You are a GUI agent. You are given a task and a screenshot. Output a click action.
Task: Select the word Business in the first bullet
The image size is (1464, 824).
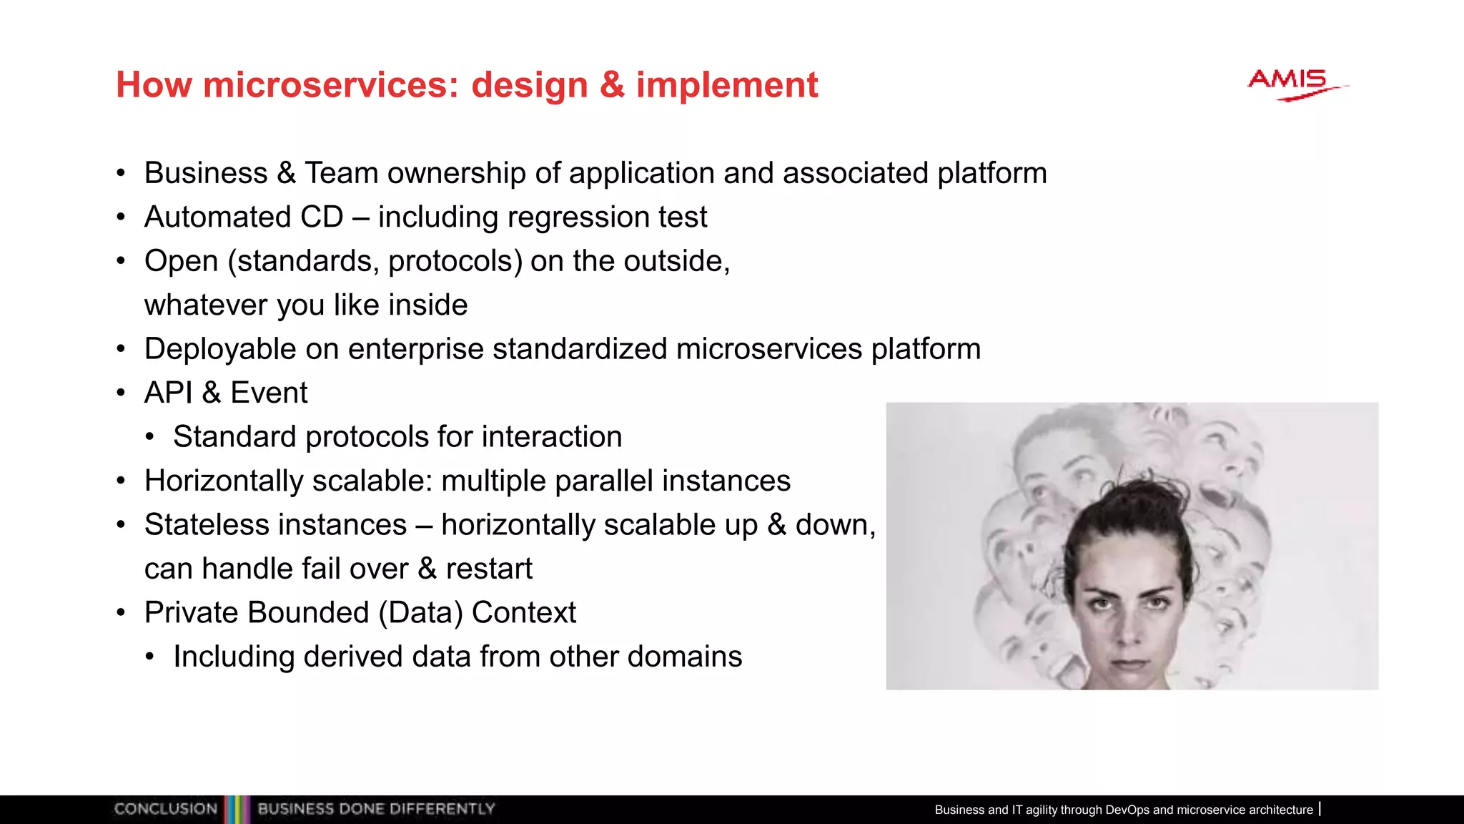(x=206, y=173)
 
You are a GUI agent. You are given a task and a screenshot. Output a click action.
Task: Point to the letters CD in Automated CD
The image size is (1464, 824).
(x=322, y=217)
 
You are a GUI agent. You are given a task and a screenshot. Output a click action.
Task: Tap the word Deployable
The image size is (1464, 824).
(x=219, y=349)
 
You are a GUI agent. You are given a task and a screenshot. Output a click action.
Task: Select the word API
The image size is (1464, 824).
(x=168, y=393)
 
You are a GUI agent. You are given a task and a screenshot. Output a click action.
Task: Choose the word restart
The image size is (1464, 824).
(x=489, y=569)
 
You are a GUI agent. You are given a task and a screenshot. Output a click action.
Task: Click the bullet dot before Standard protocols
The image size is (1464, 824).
(x=149, y=438)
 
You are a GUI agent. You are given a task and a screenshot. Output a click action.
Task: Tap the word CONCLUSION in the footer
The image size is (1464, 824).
(x=166, y=809)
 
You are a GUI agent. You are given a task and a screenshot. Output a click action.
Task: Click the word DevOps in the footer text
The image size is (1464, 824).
(x=1127, y=810)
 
